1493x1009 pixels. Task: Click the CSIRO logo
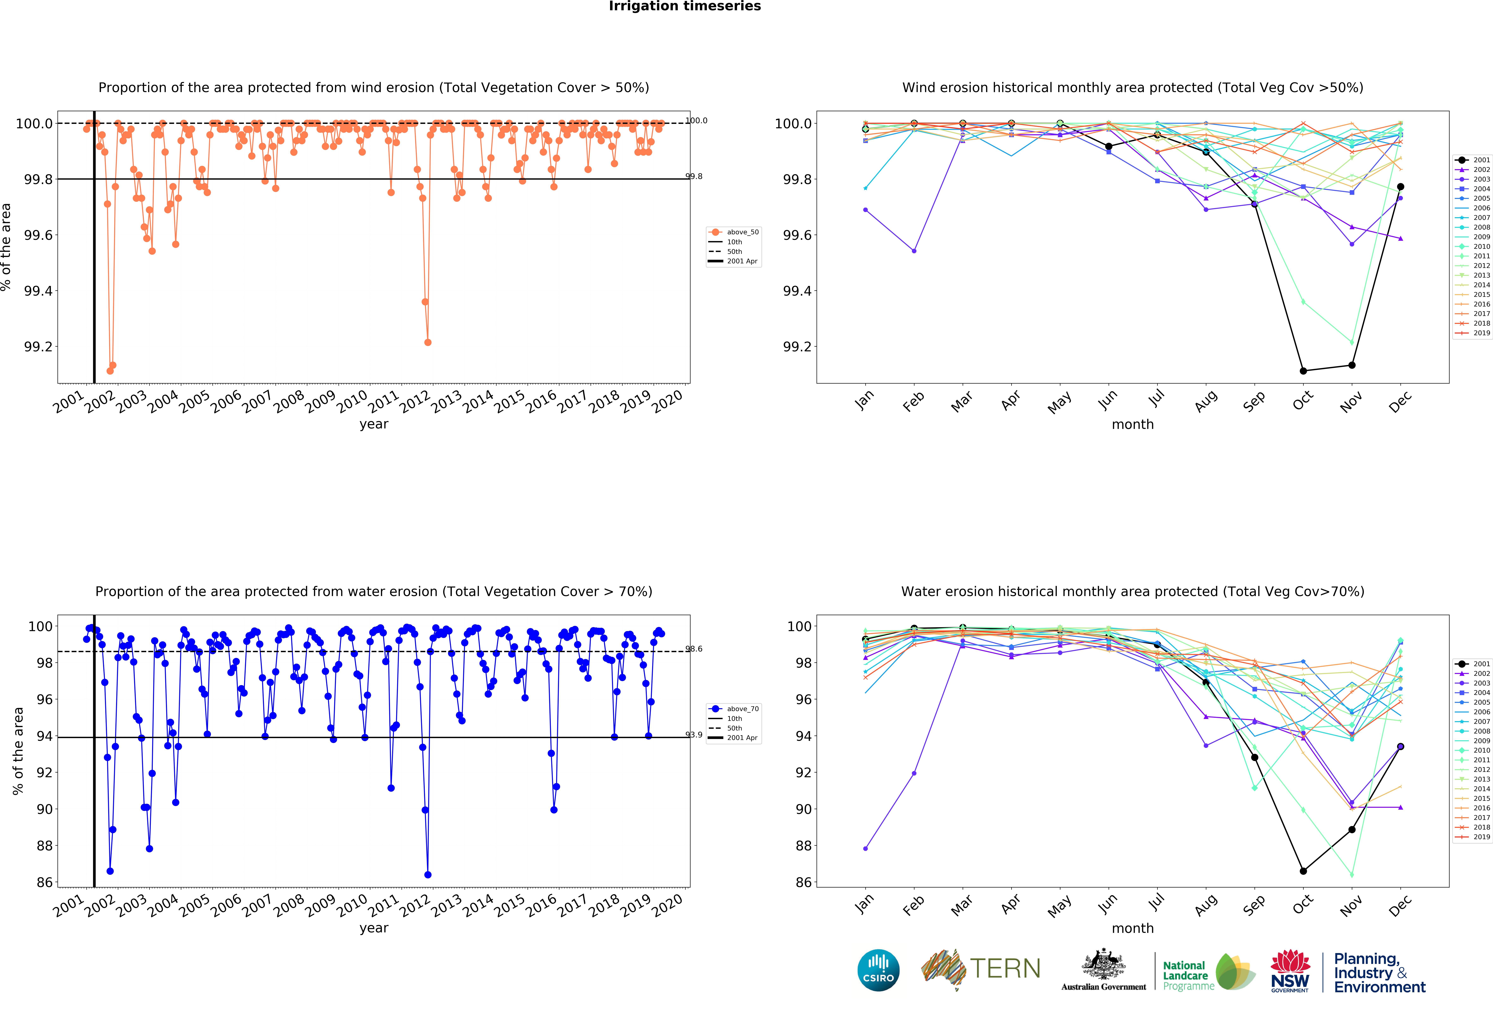pyautogui.click(x=878, y=970)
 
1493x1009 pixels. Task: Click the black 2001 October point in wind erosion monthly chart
pyautogui.click(x=1303, y=371)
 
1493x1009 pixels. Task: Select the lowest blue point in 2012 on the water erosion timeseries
pyautogui.click(x=428, y=875)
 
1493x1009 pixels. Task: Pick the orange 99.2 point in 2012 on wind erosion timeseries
pyautogui.click(x=428, y=342)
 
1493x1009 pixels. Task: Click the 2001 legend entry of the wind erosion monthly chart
pyautogui.click(x=1476, y=160)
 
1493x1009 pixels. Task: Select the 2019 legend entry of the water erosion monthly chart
pyautogui.click(x=1476, y=837)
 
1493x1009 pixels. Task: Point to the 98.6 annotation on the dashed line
pyautogui.click(x=694, y=649)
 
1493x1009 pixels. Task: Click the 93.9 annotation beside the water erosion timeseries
pyautogui.click(x=694, y=735)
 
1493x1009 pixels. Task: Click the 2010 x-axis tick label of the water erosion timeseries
pyautogui.click(x=352, y=905)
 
